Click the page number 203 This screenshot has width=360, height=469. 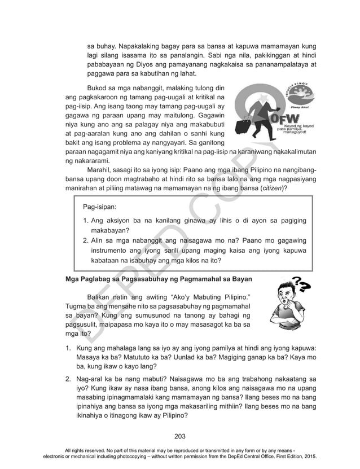coord(180,435)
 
